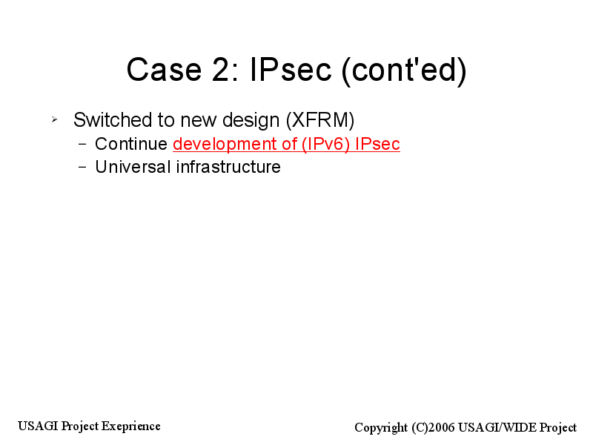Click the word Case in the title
coord(164,70)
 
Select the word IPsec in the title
coord(291,70)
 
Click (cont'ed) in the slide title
coord(404,70)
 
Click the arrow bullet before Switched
coord(54,119)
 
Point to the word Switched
coord(113,120)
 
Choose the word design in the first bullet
coord(251,121)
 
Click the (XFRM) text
coord(320,120)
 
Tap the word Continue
coord(131,144)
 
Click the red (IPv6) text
coord(326,145)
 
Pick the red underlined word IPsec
coord(377,144)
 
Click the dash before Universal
coord(82,167)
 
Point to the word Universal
coord(133,167)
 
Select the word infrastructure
coord(228,167)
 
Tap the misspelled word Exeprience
coord(131,426)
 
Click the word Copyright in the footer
coord(381,428)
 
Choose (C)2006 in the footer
coord(433,428)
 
